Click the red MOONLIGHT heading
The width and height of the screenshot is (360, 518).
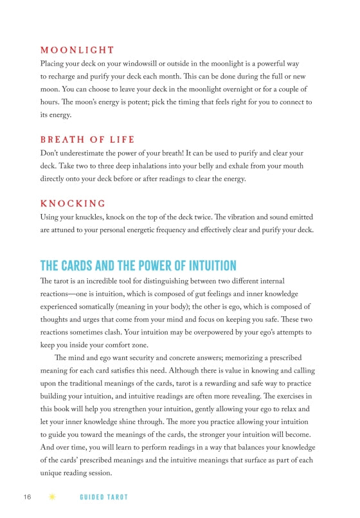tap(77, 50)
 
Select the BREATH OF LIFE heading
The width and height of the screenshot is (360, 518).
tap(87, 139)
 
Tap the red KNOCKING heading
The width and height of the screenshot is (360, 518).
tap(73, 203)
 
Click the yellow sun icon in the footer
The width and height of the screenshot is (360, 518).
tap(52, 497)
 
